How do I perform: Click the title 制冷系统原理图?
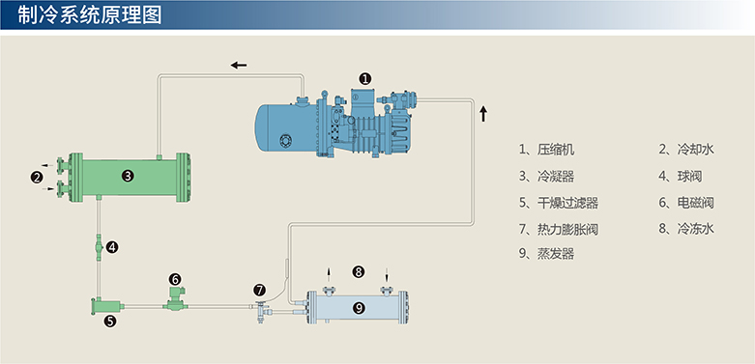(x=90, y=15)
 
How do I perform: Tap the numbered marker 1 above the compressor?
(x=366, y=78)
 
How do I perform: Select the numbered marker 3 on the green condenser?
(x=128, y=177)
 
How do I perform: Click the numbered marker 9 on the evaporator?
(x=359, y=308)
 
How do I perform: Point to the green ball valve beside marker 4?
(x=99, y=247)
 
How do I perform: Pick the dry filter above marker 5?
(x=107, y=306)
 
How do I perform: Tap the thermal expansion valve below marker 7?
(x=261, y=311)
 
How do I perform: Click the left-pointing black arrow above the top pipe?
(x=239, y=65)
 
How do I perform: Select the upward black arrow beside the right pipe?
(x=483, y=115)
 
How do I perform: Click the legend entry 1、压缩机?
(x=546, y=150)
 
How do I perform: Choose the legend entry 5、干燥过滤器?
(x=559, y=203)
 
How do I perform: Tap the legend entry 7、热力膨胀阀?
(x=559, y=229)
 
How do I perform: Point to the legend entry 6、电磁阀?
(x=686, y=203)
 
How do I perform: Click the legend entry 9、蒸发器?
(x=546, y=253)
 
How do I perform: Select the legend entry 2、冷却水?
(x=686, y=150)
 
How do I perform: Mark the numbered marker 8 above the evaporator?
(x=359, y=271)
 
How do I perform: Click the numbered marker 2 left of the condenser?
(x=36, y=178)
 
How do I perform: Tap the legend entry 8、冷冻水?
(x=686, y=229)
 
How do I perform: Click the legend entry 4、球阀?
(x=681, y=177)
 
